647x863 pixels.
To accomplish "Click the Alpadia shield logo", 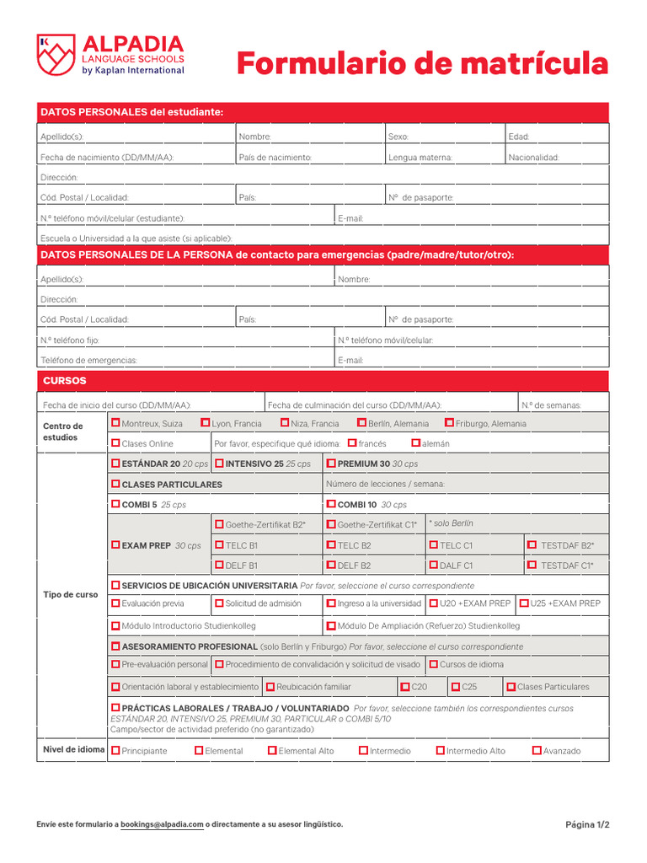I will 56,55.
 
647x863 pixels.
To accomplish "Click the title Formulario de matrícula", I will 421,62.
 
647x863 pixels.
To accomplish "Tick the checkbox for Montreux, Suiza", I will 115,423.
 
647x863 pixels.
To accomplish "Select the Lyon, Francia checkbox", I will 206,423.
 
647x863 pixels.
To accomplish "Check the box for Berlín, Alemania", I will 362,423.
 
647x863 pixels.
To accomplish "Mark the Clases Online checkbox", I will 115,443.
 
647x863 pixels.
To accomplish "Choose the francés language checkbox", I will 352,443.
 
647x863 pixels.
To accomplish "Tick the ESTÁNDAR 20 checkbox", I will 115,464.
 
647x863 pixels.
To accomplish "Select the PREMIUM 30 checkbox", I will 331,464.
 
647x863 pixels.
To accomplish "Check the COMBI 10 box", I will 331,505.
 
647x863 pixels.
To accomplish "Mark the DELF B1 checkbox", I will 219,566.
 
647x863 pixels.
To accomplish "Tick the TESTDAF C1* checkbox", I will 532,566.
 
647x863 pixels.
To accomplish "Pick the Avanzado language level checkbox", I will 537,750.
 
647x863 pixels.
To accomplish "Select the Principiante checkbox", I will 115,750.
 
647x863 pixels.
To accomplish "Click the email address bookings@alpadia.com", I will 162,824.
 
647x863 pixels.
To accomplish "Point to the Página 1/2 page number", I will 586,824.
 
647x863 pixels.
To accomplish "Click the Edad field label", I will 519,137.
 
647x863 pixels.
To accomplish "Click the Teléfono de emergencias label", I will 88,360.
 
